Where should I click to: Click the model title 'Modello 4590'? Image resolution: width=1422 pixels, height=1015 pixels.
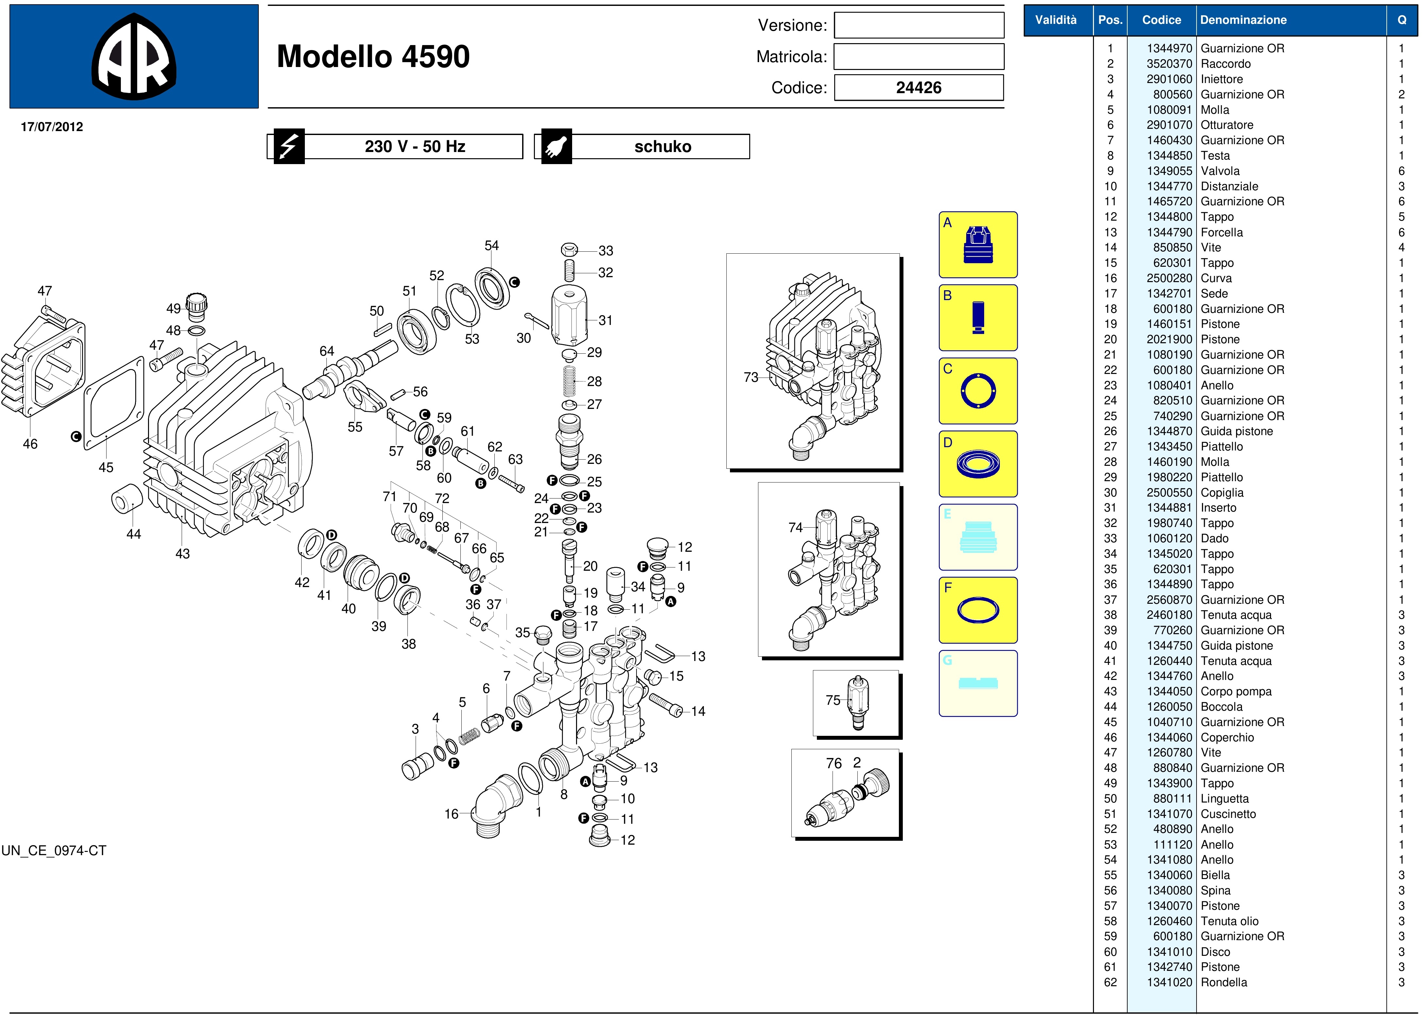[373, 56]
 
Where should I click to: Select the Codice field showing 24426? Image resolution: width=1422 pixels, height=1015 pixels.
[918, 88]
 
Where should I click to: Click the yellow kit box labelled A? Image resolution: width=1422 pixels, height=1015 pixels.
[978, 245]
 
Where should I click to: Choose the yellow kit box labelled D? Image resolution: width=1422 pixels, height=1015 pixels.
[978, 464]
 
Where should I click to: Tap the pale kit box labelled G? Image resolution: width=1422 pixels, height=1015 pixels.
[978, 683]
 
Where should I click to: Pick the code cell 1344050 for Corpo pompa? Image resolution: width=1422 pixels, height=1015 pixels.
[1169, 691]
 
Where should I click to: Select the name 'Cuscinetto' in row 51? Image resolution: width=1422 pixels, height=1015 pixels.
[1228, 814]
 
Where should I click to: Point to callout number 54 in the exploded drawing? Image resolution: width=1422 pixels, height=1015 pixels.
[492, 245]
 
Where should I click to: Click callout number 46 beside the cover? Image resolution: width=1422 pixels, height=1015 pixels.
[30, 444]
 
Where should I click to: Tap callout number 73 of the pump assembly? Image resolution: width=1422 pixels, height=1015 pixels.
[750, 378]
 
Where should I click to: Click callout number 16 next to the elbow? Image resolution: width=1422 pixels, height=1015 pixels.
[451, 814]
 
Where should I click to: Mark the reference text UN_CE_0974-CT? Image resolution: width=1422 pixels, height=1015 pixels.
[54, 851]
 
